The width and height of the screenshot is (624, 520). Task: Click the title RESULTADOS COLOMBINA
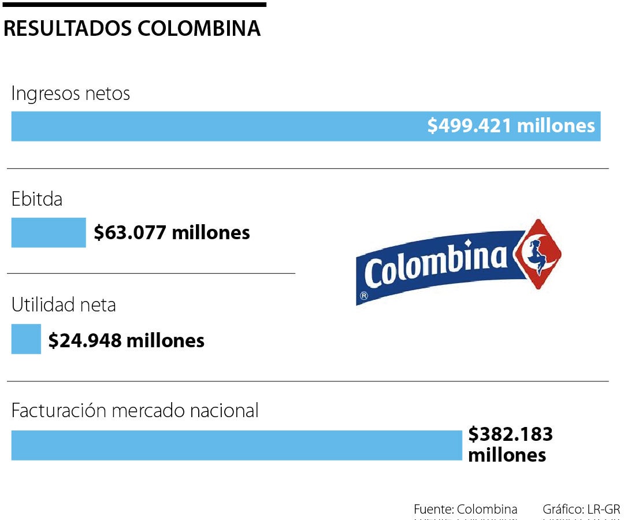tap(132, 29)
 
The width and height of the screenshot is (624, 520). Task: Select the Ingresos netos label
tap(70, 94)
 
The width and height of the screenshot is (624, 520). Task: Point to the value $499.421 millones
tap(511, 125)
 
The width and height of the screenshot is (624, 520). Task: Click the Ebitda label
tap(37, 199)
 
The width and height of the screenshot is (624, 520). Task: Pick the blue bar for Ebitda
tap(49, 232)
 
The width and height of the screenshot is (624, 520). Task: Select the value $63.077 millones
tap(172, 232)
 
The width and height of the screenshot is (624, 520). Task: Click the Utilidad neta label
tap(64, 304)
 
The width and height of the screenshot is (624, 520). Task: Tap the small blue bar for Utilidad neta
tap(26, 339)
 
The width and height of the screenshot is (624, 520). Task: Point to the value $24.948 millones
tap(127, 340)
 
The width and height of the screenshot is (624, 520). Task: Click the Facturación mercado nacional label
tap(135, 411)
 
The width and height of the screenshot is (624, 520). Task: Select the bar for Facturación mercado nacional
tap(237, 445)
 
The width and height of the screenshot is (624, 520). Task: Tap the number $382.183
tap(510, 434)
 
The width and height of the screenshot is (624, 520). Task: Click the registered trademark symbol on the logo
tap(364, 296)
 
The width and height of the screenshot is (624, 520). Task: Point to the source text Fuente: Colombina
tap(465, 510)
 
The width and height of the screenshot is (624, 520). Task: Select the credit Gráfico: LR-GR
tap(581, 510)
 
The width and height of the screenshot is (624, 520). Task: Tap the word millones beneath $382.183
tap(507, 455)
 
